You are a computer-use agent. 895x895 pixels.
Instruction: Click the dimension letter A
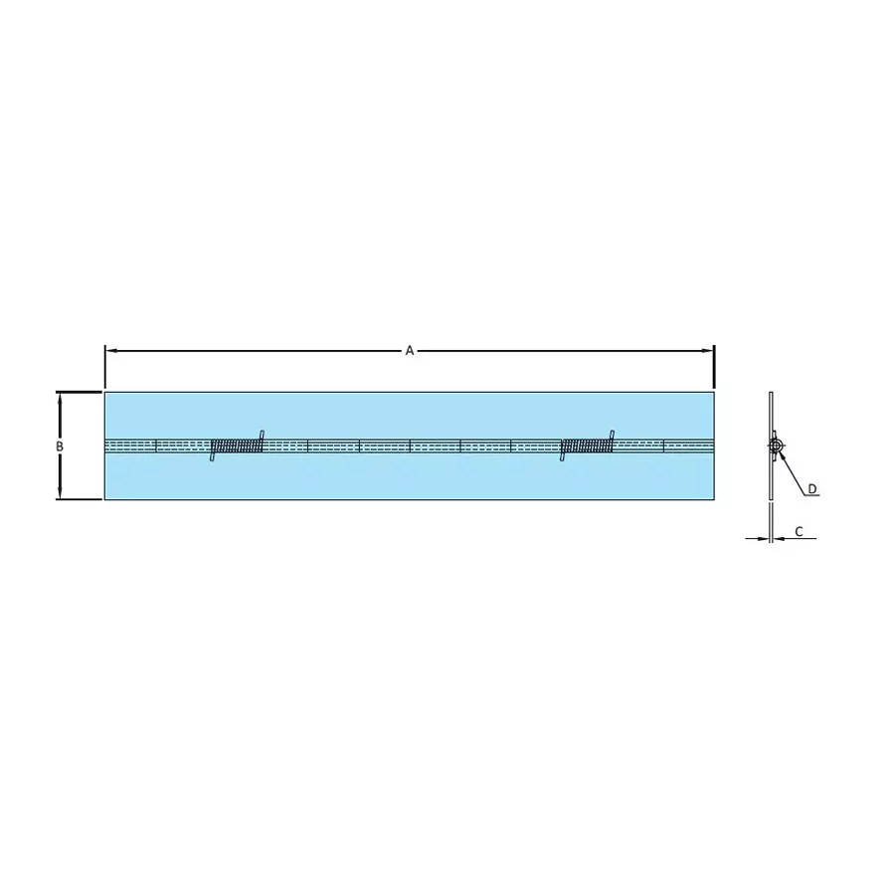coord(409,351)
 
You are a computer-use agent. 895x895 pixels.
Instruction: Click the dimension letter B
coord(60,447)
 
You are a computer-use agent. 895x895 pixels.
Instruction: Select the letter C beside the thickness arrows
coord(799,531)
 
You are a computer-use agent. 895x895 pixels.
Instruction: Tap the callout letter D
coord(811,488)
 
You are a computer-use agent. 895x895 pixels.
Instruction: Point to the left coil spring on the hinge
coord(237,447)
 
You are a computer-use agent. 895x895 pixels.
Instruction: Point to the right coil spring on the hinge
coord(587,447)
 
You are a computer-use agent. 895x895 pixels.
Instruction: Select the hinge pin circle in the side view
coord(775,447)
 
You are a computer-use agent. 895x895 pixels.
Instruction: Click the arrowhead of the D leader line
coord(782,454)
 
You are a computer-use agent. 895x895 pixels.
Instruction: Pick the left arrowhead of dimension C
coord(764,538)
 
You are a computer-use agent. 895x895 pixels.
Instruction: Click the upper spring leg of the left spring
coord(262,435)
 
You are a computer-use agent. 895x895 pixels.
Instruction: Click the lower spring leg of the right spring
coord(563,457)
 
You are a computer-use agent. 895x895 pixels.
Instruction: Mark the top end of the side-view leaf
coord(771,395)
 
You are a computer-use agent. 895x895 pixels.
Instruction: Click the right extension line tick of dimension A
coord(714,368)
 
